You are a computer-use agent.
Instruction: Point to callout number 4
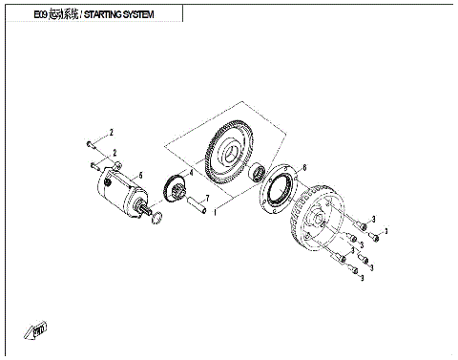190,173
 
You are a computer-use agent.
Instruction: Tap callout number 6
303,167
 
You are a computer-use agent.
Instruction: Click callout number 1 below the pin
217,212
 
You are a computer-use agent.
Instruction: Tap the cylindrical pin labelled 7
201,206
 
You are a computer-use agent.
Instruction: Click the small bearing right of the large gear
258,174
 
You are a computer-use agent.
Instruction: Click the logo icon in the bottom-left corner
37,329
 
